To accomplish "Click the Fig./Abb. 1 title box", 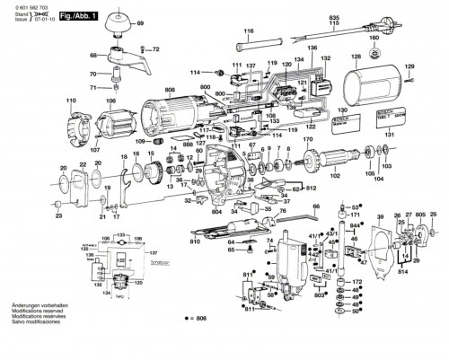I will click(x=81, y=17).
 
